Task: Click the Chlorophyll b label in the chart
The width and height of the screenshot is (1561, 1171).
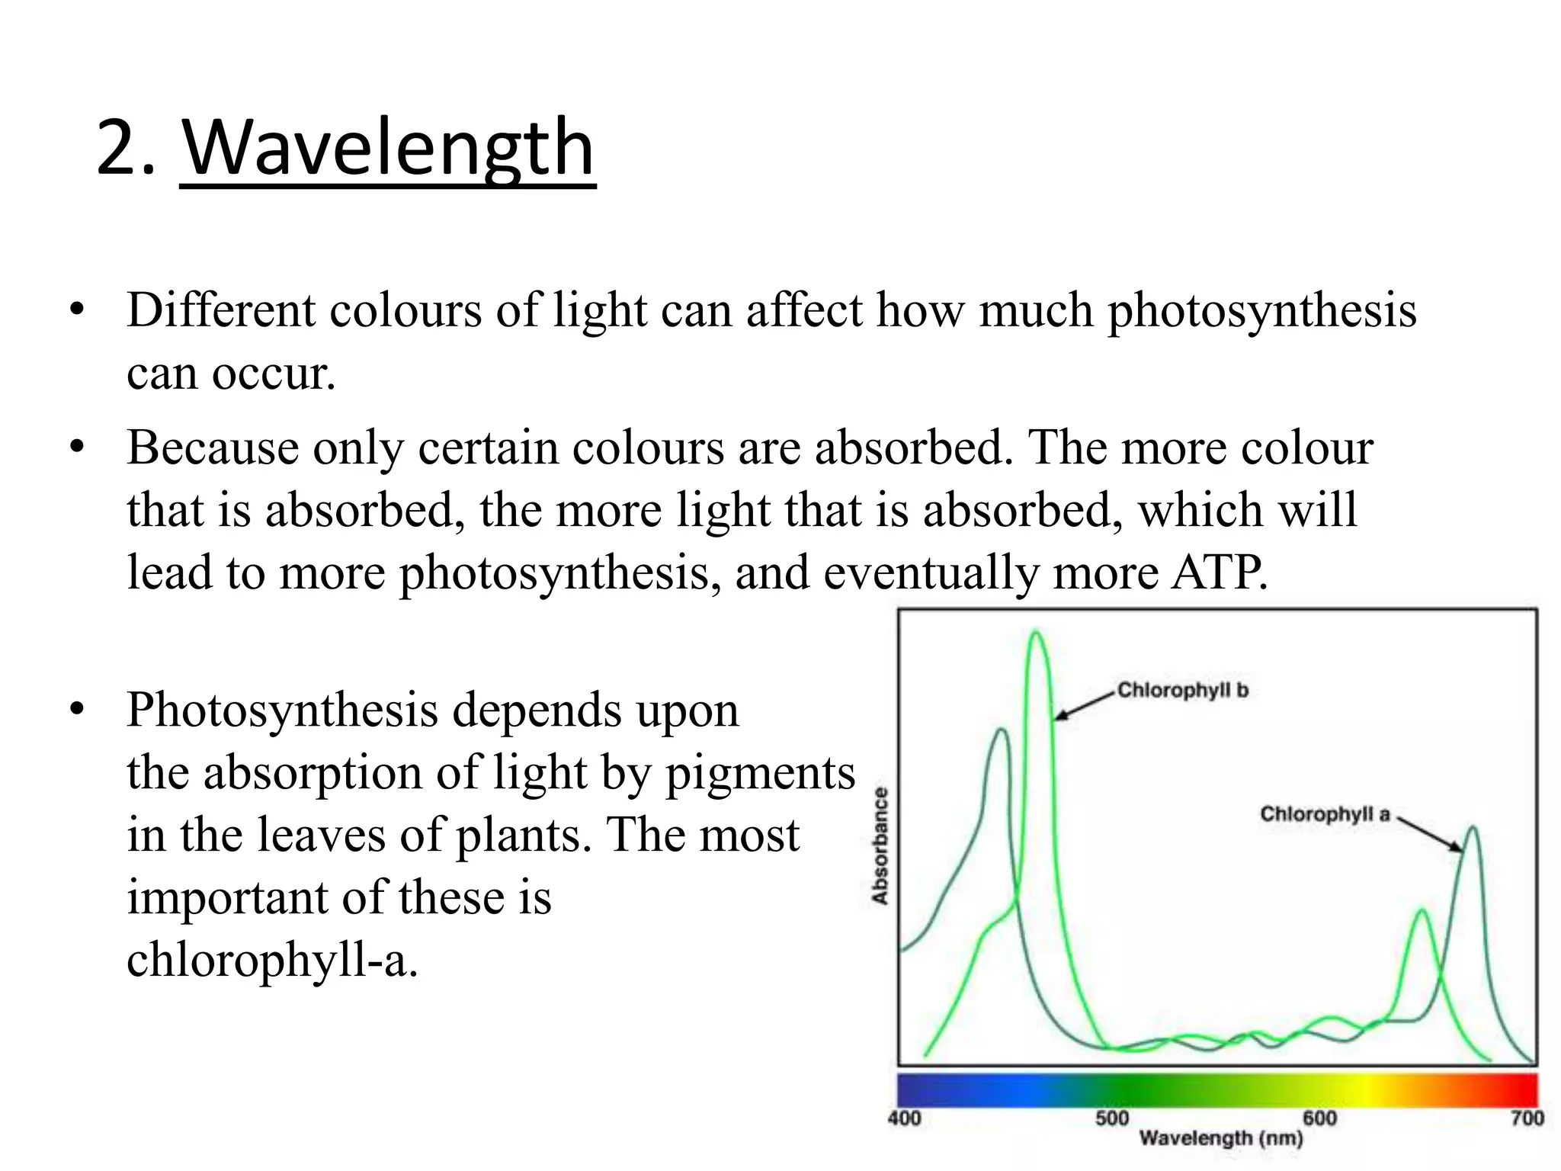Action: point(1182,691)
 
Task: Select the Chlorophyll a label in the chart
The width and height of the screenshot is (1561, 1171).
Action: point(1325,814)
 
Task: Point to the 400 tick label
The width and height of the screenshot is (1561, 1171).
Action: point(905,1118)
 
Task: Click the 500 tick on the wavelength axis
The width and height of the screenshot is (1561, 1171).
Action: point(1112,1118)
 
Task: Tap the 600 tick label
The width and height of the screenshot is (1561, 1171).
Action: point(1319,1118)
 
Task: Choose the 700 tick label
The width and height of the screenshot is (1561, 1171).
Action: point(1527,1118)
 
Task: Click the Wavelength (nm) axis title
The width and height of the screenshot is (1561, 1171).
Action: point(1221,1139)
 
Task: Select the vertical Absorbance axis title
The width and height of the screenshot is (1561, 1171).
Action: point(880,846)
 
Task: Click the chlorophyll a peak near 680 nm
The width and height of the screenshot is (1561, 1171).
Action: point(1473,829)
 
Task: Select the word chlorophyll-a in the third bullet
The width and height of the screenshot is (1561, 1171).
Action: point(272,960)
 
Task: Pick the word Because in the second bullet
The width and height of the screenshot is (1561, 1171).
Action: point(213,448)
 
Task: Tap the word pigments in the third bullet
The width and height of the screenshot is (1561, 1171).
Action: point(760,774)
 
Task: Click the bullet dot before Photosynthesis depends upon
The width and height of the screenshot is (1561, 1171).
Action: point(75,710)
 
